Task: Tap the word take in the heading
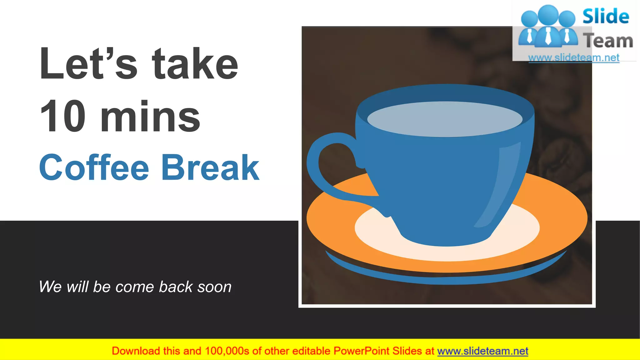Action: click(x=195, y=63)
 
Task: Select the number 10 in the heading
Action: click(x=62, y=116)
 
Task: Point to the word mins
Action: click(x=150, y=116)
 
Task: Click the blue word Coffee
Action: click(x=94, y=167)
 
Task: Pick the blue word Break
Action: click(x=210, y=167)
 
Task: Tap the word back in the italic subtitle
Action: click(x=176, y=287)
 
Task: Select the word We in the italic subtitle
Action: click(x=50, y=287)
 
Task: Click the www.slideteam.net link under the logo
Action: click(x=574, y=58)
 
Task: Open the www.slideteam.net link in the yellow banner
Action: click(x=482, y=351)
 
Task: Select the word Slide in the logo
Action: click(x=606, y=16)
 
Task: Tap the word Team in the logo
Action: click(x=608, y=41)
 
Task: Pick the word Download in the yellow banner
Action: click(x=136, y=351)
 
